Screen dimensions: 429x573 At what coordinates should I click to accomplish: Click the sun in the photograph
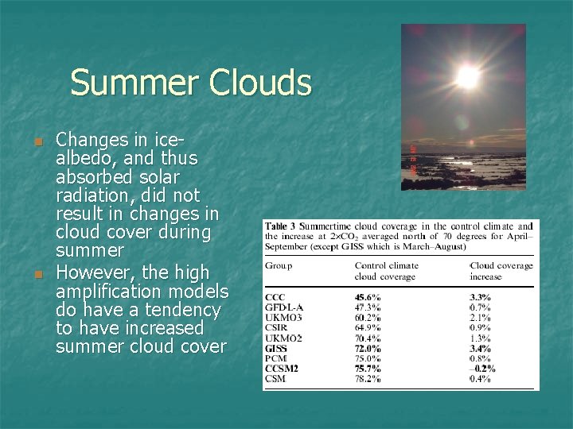tap(467, 76)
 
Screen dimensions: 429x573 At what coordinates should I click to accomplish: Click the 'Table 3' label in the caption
tap(282, 226)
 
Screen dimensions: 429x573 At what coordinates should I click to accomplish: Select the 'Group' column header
tap(279, 265)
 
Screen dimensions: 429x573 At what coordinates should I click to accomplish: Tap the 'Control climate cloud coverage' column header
tap(386, 271)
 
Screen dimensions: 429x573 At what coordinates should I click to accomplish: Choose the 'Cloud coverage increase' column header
tap(502, 271)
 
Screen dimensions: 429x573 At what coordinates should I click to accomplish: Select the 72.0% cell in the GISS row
tap(368, 348)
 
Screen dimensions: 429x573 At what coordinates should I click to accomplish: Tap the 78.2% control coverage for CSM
tap(368, 379)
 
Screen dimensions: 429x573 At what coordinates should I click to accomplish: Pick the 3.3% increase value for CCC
tap(482, 297)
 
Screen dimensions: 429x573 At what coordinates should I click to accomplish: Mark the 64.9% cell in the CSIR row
tap(368, 327)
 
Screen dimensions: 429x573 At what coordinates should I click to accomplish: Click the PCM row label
tap(276, 358)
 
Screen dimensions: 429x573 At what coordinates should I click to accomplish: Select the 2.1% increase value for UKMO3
tap(482, 318)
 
